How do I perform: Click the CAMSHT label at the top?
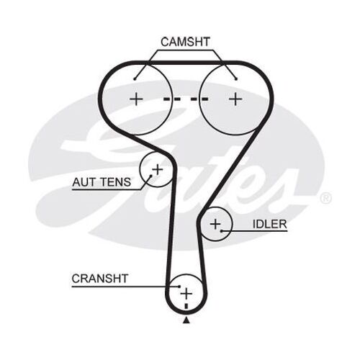click(x=186, y=42)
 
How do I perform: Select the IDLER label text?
click(x=269, y=224)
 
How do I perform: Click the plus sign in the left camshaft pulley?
click(x=136, y=99)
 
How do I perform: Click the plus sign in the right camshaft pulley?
click(x=235, y=99)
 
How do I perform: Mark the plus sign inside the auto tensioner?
click(x=157, y=170)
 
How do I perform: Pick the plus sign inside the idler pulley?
click(x=214, y=225)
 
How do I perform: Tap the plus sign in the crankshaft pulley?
click(x=186, y=292)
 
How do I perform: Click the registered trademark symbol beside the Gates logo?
click(x=325, y=197)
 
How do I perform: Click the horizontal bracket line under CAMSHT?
click(x=186, y=52)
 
